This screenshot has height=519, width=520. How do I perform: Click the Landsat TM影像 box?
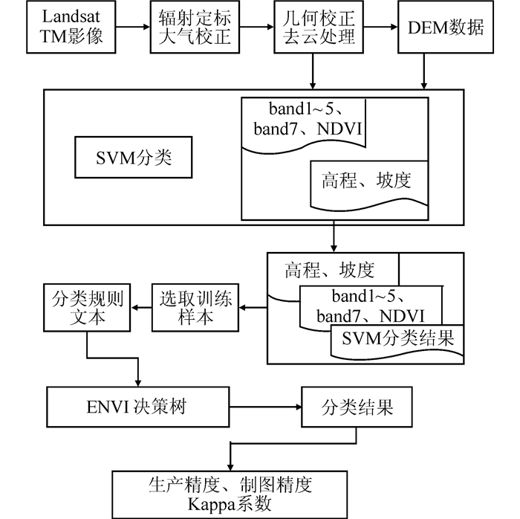(x=73, y=29)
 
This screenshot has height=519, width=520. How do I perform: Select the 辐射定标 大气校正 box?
(x=195, y=29)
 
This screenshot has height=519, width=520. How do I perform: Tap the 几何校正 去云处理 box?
(x=316, y=29)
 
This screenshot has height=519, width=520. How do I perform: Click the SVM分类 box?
(x=134, y=158)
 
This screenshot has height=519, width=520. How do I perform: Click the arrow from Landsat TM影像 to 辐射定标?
(x=136, y=29)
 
